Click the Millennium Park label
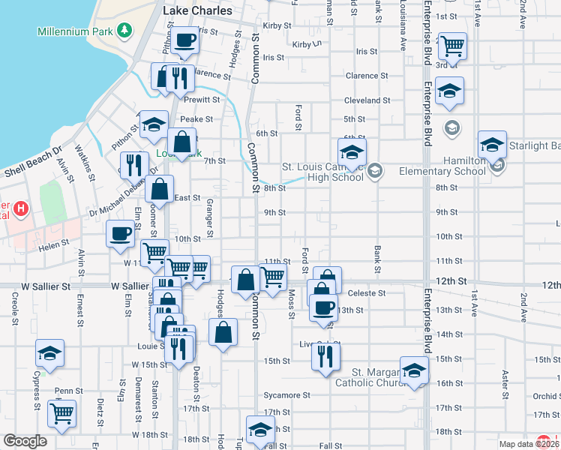tap(75, 31)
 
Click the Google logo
tap(25, 441)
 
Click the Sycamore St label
tap(286, 395)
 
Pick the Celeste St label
tap(367, 293)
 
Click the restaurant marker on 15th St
tap(325, 356)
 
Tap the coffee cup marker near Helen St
tap(120, 234)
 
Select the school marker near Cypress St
tap(50, 353)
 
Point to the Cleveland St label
tap(367, 100)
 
